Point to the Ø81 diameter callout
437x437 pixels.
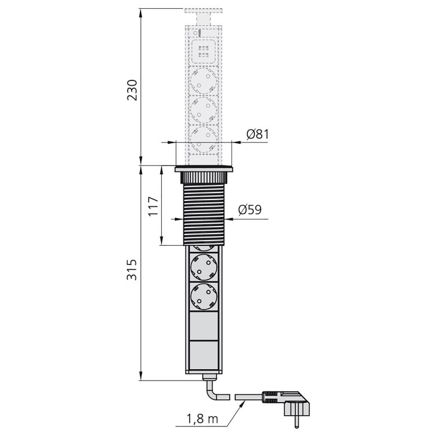pos(257,134)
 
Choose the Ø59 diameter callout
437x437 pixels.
pos(250,209)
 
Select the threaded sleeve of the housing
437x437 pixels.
pos(204,214)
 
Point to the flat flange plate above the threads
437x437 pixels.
pos(204,169)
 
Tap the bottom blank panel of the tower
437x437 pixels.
pos(204,356)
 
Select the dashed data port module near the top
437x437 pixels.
pos(204,52)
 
